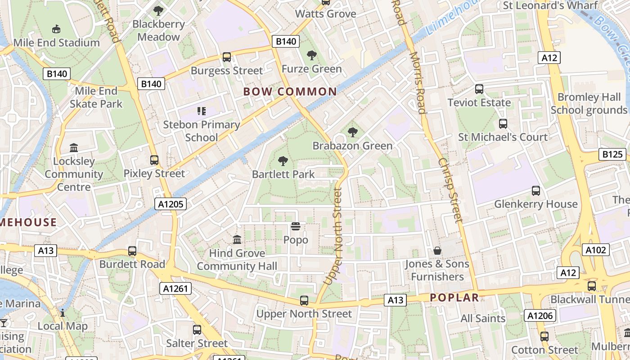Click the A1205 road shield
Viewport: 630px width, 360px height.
(171, 204)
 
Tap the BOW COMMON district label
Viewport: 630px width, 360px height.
(290, 92)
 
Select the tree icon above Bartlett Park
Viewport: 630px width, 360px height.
(283, 161)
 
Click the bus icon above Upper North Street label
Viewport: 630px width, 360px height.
(304, 300)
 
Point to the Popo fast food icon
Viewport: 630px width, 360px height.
(296, 226)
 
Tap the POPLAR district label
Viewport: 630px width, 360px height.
(454, 297)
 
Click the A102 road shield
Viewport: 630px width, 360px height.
(596, 250)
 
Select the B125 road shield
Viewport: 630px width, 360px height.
(613, 155)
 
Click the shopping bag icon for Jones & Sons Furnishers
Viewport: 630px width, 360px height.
(437, 251)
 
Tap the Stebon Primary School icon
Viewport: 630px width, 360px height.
(201, 111)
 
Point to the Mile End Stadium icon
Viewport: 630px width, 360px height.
(56, 29)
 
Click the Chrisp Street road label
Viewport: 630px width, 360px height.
(450, 190)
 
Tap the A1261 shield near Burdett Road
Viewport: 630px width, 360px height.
(175, 288)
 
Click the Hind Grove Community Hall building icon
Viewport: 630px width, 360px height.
(237, 239)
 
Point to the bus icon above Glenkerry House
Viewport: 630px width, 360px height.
(535, 190)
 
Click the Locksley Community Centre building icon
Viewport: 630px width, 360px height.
(74, 148)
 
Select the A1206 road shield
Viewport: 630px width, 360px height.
(540, 315)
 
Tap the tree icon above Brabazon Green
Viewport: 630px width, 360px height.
(353, 132)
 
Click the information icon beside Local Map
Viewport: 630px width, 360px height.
(63, 313)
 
